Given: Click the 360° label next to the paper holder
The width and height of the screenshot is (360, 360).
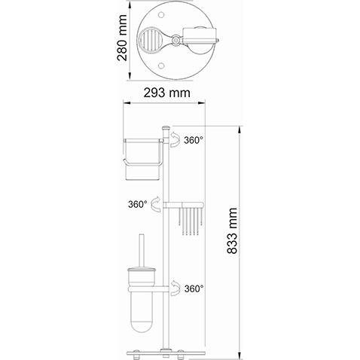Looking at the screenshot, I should click(x=194, y=140).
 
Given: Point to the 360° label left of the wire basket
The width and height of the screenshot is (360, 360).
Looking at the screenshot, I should click(x=137, y=203).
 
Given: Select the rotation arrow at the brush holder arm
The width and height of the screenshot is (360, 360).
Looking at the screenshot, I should click(x=175, y=286).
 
